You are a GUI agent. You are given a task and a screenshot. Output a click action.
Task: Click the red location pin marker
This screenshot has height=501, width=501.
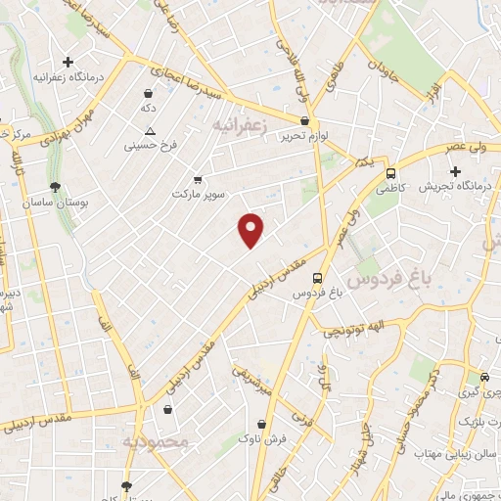[251, 229]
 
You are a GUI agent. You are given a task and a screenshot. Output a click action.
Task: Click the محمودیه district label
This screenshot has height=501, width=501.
[160, 441]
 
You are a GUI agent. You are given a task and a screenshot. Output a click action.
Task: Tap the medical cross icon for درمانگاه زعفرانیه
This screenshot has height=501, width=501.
[68, 63]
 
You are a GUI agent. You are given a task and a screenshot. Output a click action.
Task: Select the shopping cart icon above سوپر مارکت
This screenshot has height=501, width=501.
[199, 180]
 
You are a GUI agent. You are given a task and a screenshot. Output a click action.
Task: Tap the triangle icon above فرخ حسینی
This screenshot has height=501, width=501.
[150, 131]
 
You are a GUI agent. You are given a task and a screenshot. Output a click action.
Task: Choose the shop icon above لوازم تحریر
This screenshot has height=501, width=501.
[305, 121]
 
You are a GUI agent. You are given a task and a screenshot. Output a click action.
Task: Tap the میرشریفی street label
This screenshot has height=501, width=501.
[252, 378]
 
